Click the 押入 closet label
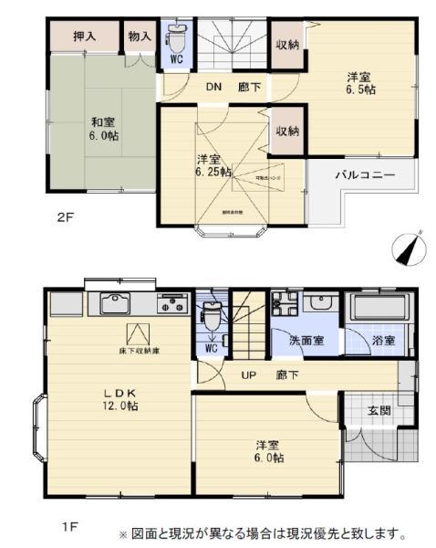point(85,37)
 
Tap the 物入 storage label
point(140,37)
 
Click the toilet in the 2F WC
point(176,39)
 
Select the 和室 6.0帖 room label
point(103,128)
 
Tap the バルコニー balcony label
point(364,173)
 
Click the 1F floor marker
point(69,527)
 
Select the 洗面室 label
point(305,341)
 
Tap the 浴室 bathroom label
point(383,341)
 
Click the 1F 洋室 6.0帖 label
point(268,451)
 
